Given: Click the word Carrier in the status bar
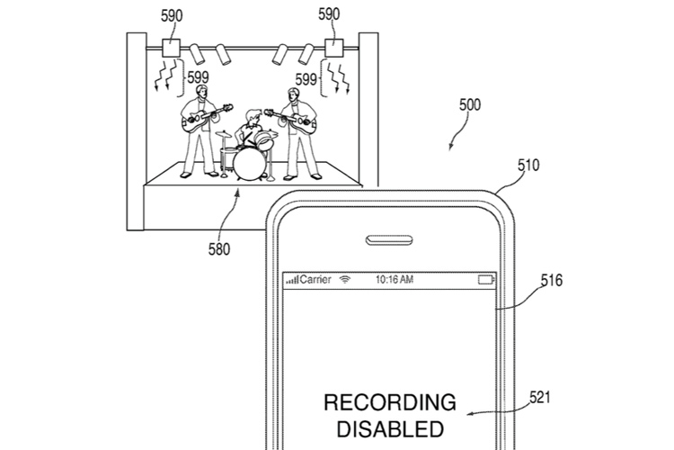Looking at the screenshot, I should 315,280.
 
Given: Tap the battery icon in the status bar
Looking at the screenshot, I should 487,280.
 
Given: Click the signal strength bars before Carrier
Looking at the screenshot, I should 292,281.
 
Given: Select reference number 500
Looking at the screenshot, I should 469,104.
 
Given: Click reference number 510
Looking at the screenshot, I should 528,166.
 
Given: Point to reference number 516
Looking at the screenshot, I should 551,280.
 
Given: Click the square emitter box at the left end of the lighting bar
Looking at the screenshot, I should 172,49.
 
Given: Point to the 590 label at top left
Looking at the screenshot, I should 171,15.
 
